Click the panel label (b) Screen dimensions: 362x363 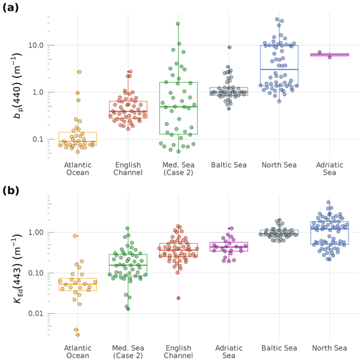point(13,192)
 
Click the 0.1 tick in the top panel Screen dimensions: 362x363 point(38,139)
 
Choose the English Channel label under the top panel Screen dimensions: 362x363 point(128,168)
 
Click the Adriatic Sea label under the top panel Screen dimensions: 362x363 point(330,168)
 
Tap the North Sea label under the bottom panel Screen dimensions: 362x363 point(329,347)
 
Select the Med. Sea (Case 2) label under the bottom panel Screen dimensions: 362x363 point(128,352)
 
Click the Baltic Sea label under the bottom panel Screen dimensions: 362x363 point(279,347)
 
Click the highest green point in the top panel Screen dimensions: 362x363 point(178,24)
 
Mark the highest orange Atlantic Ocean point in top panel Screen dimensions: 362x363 point(79,72)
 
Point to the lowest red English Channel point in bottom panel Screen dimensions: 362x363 point(178,298)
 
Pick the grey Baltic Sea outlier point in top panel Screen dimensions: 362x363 point(229,47)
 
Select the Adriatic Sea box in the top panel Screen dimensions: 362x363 point(329,54)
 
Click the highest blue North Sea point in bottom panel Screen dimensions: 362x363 point(329,202)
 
